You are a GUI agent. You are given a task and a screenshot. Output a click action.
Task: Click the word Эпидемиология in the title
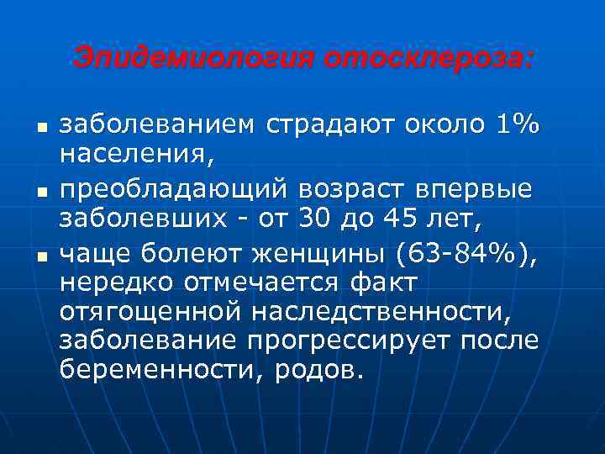coord(194,59)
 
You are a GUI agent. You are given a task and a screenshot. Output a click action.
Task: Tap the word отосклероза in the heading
coord(427,59)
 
